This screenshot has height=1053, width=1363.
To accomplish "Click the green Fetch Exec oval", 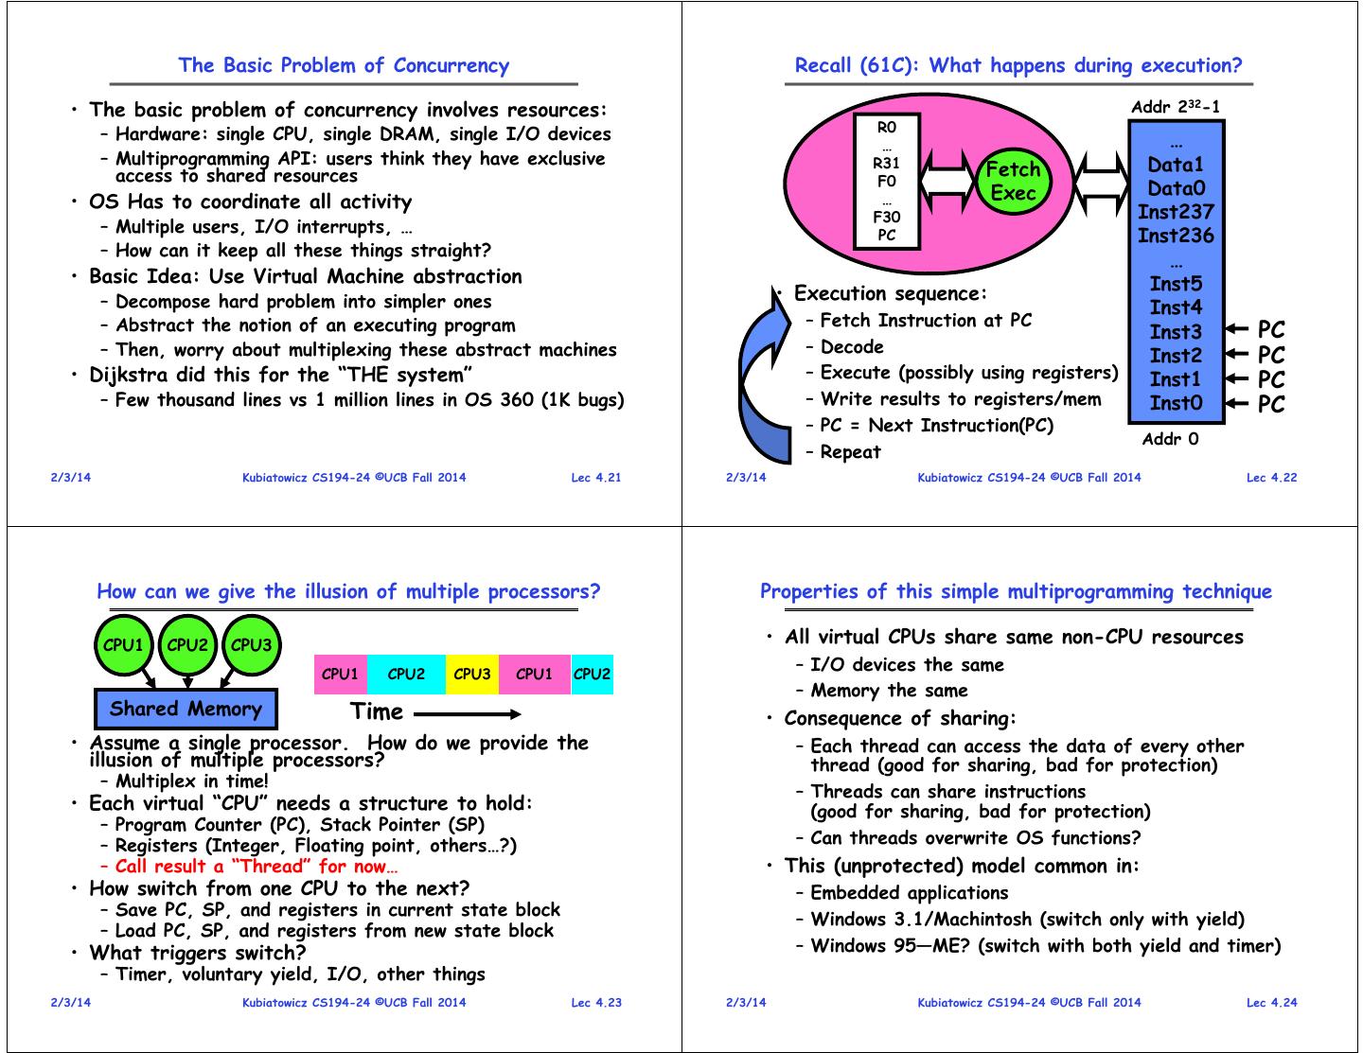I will (x=1012, y=181).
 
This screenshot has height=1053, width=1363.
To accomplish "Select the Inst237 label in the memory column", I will (x=1176, y=212).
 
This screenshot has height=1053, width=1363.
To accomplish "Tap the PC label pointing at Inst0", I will (x=1271, y=404).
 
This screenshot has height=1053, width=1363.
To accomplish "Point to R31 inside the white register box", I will (x=886, y=163).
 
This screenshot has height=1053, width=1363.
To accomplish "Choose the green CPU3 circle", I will (x=251, y=646).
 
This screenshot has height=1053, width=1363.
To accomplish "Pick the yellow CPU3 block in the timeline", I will (x=471, y=675).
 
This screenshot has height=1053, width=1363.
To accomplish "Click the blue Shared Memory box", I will (x=186, y=709).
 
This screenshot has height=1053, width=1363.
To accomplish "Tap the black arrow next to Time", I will (x=468, y=713).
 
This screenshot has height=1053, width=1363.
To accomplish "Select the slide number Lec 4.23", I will (x=596, y=1003).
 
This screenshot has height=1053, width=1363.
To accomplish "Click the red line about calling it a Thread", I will (x=256, y=867).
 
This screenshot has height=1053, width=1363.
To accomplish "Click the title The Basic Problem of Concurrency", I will (x=344, y=65).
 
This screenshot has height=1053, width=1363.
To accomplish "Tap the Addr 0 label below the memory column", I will (x=1170, y=439).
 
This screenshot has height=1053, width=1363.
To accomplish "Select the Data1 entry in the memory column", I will (x=1176, y=165).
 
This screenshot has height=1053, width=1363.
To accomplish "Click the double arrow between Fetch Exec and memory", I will (x=1098, y=181).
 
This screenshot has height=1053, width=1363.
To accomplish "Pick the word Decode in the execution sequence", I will (x=852, y=347).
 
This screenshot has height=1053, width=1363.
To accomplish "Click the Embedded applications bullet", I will (x=909, y=893).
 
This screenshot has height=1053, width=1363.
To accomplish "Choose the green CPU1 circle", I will (x=123, y=646).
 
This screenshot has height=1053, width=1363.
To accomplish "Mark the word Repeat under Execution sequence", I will (x=850, y=452).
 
